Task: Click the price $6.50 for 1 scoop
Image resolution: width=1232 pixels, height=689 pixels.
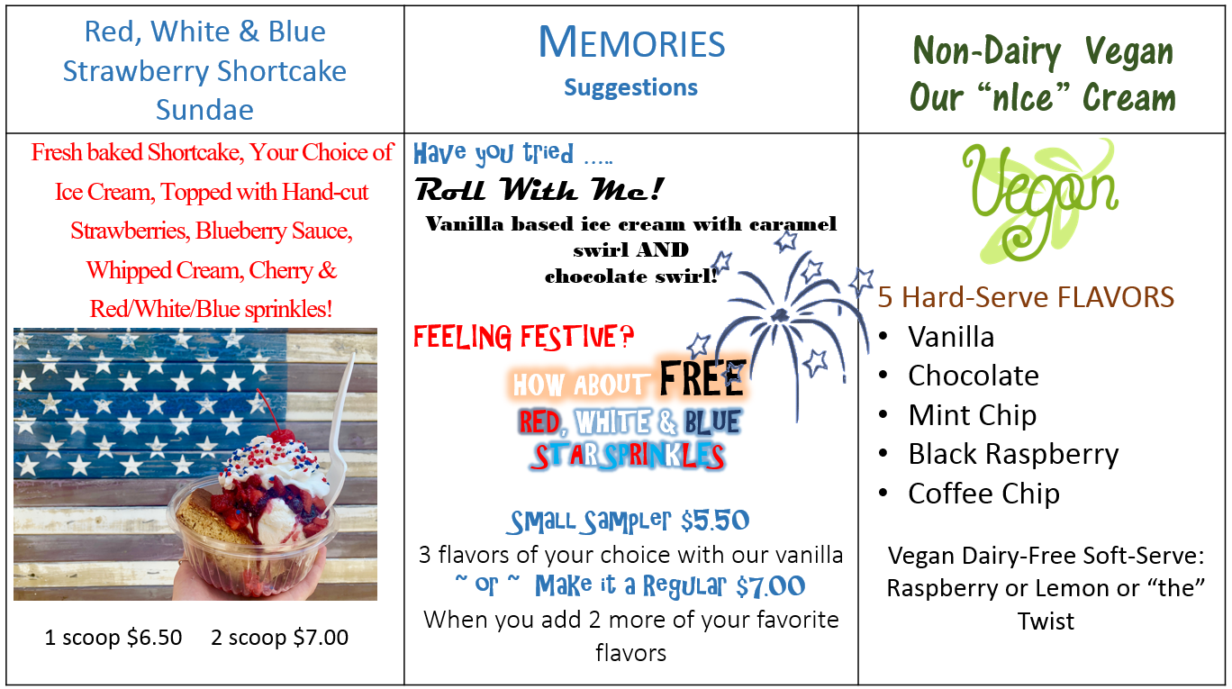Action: point(155,638)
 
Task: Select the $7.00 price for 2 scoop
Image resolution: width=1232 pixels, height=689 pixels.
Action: point(321,638)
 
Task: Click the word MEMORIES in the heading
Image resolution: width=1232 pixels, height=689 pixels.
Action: point(631,43)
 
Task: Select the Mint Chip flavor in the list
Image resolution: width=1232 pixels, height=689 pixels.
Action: point(973,415)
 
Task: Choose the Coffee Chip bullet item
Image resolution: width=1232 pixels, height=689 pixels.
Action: point(983,494)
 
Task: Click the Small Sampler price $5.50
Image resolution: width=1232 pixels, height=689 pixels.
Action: point(715,521)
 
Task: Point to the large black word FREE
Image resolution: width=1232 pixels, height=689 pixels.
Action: point(702,379)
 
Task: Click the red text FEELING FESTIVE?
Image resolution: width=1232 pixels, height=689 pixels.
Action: point(523,337)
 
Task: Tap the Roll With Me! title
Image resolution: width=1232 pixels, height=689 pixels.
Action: point(539,190)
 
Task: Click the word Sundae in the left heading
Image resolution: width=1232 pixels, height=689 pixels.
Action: point(204,110)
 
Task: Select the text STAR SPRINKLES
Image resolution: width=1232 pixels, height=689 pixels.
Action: point(627,457)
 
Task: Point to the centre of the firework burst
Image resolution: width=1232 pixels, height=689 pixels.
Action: point(779,315)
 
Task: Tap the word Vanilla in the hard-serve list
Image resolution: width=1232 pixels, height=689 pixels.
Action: point(951,337)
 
